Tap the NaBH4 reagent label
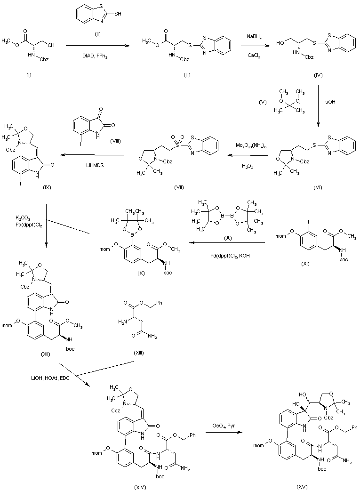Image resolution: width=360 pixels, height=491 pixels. [258, 36]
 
